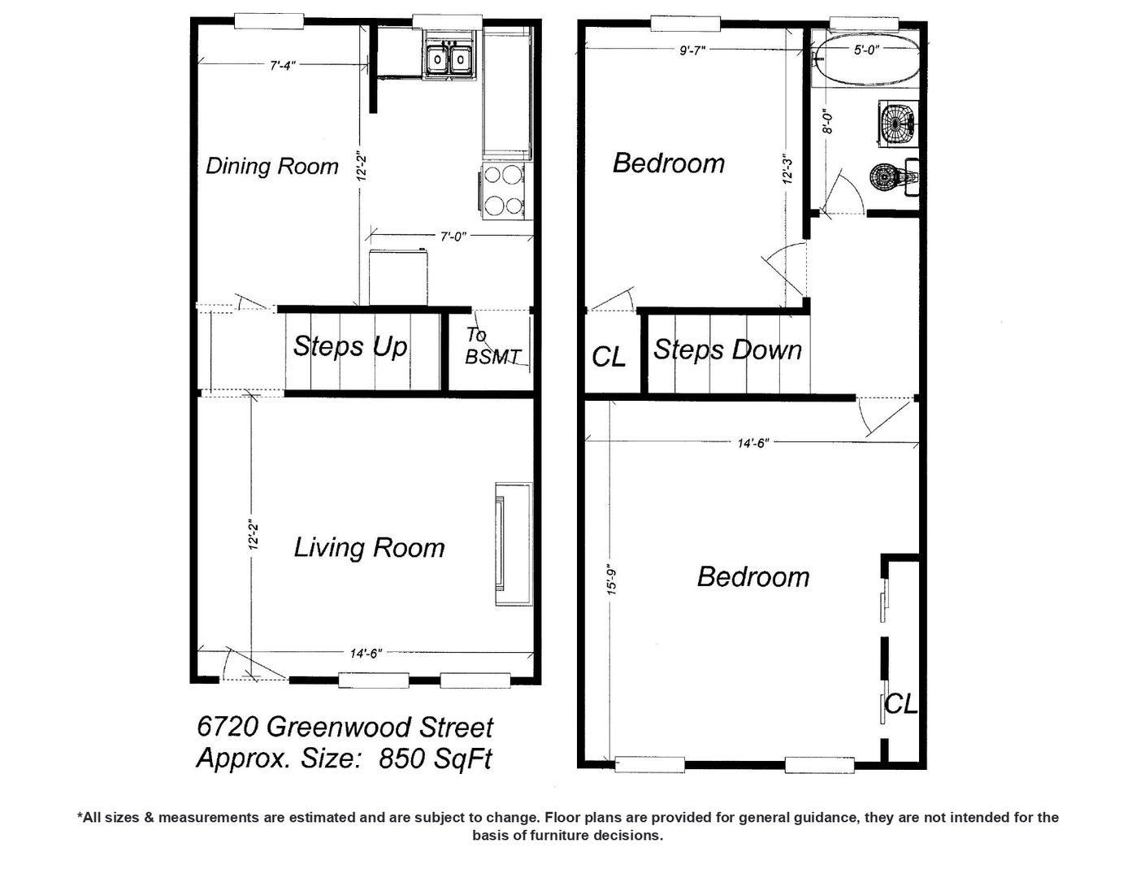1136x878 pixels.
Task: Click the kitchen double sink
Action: (449, 59)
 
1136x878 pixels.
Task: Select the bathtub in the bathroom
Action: (866, 60)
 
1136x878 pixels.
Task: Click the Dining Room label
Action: (272, 167)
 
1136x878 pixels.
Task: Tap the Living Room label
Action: (369, 548)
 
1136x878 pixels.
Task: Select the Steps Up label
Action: (349, 346)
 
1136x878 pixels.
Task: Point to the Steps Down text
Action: (727, 350)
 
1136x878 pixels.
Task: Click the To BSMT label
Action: (492, 346)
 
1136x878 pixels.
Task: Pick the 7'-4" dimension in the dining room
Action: (283, 66)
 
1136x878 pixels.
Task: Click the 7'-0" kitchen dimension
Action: (453, 237)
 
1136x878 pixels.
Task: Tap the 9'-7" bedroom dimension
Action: (692, 50)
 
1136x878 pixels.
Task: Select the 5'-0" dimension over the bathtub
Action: (866, 50)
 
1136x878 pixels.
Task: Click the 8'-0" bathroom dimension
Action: (827, 121)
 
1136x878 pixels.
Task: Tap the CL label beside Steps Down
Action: (609, 357)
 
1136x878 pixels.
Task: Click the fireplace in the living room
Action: (514, 544)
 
